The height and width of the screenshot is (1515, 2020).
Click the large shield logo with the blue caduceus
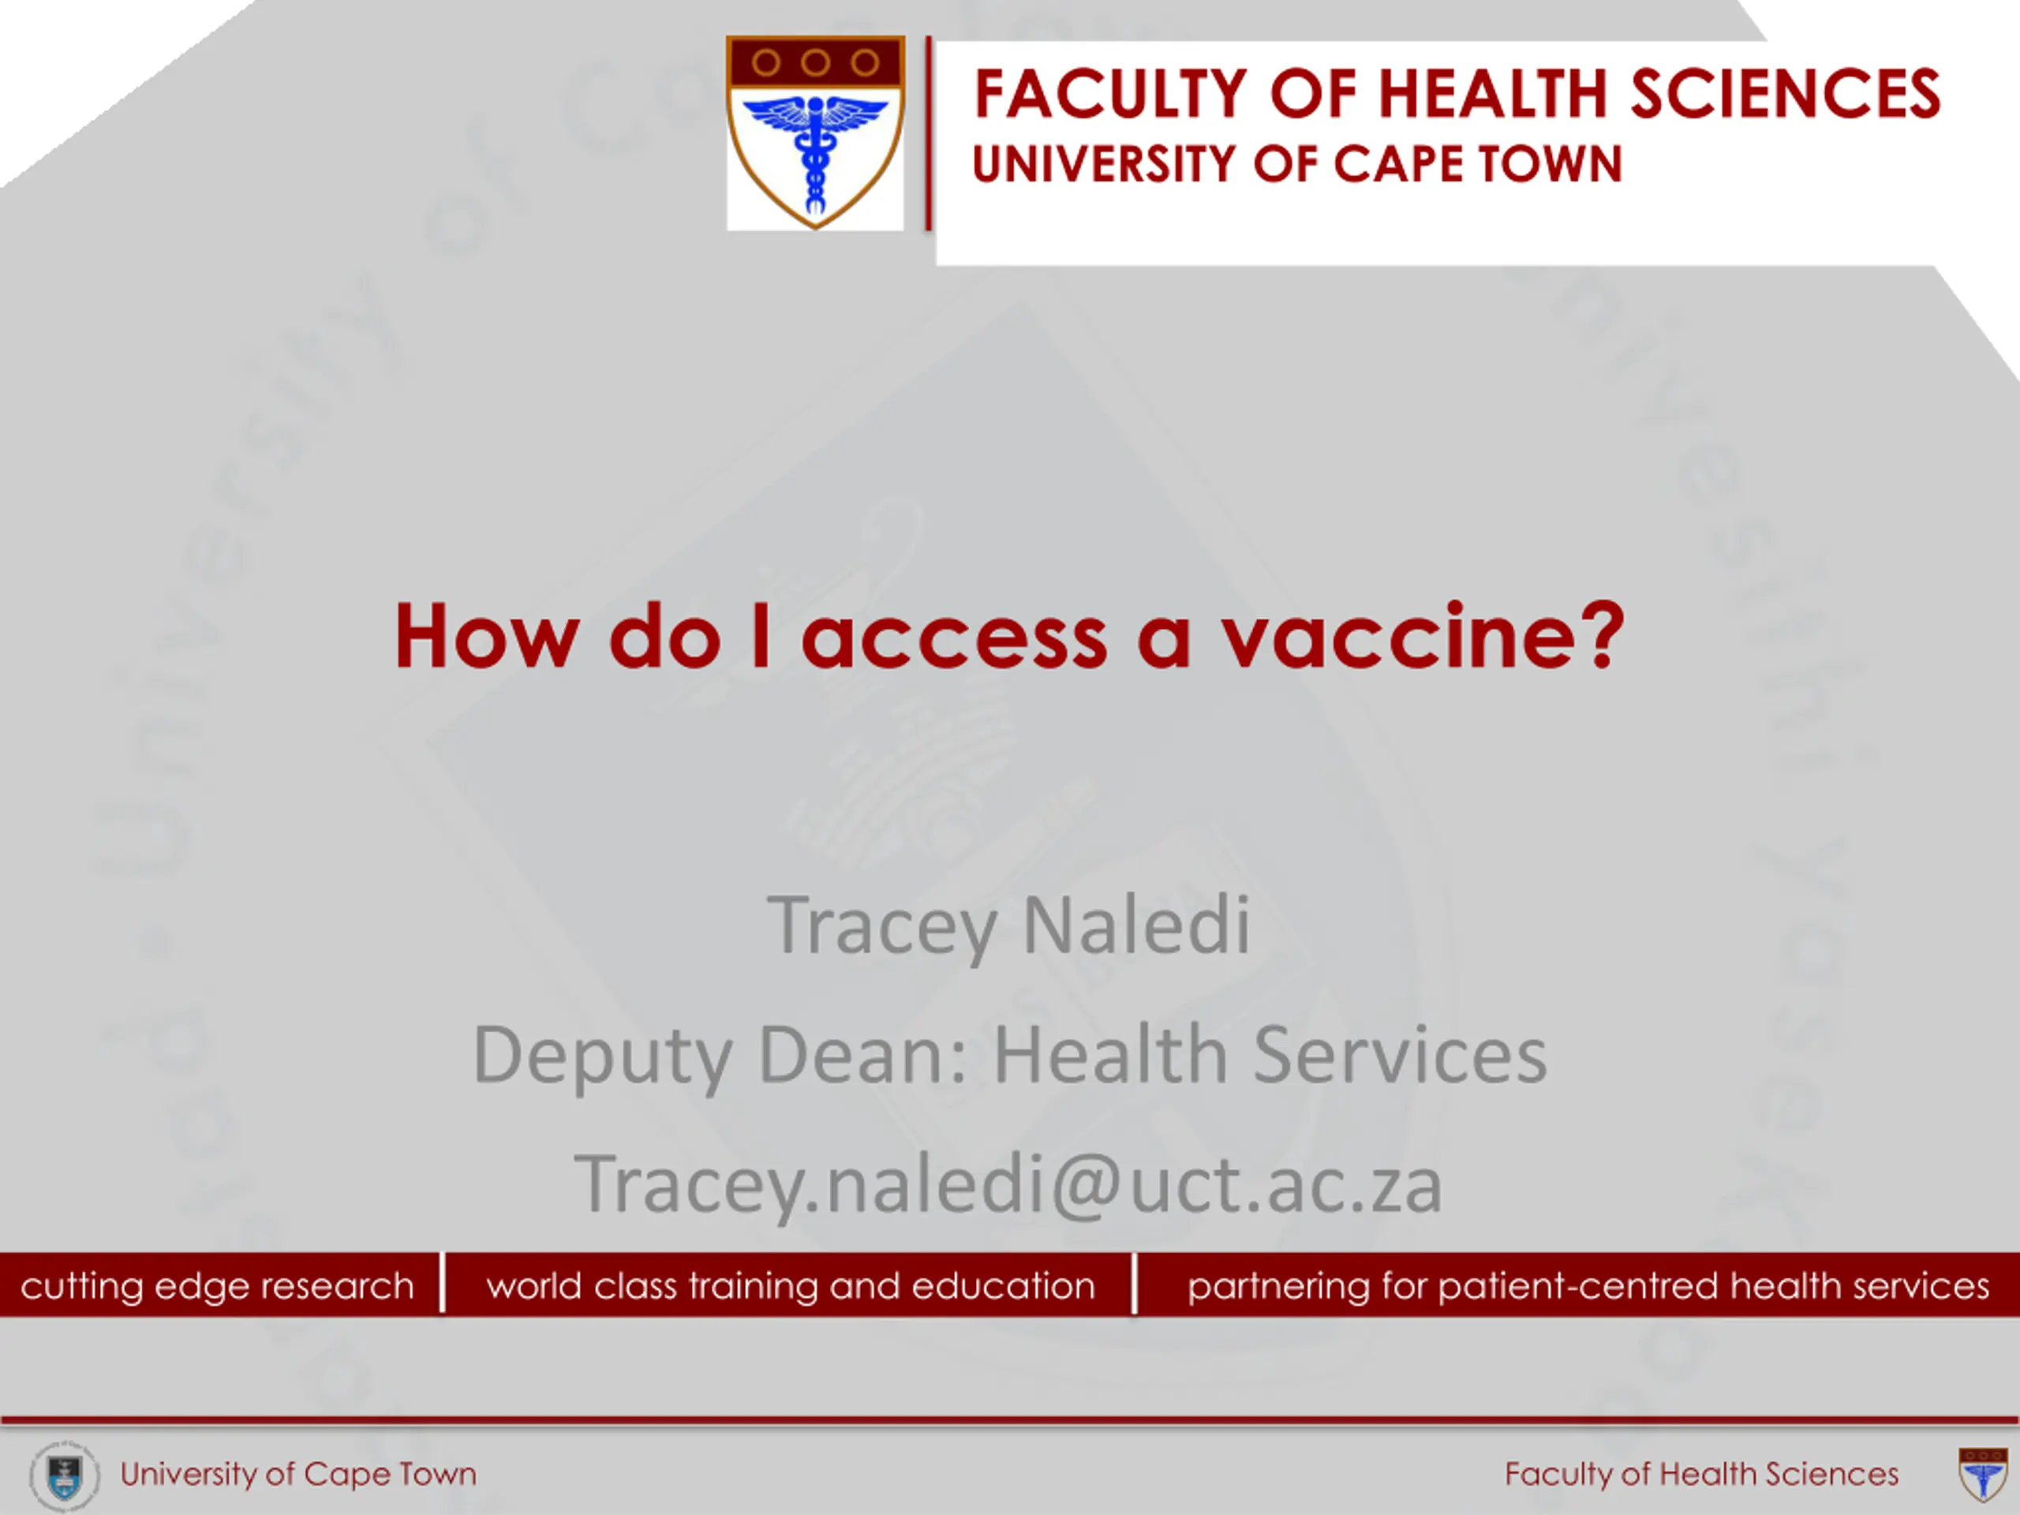click(x=815, y=133)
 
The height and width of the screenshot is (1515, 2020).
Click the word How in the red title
click(x=486, y=637)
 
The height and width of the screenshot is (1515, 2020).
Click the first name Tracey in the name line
click(x=881, y=927)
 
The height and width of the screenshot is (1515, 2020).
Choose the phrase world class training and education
click(x=791, y=1285)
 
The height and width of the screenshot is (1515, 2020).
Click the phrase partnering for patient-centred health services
click(x=1588, y=1285)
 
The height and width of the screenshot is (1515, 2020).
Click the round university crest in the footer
click(x=64, y=1476)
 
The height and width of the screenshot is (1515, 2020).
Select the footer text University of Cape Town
click(x=298, y=1474)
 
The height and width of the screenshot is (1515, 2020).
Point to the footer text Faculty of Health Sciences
click(x=1701, y=1474)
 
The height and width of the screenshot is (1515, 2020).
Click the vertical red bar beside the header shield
click(x=928, y=133)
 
